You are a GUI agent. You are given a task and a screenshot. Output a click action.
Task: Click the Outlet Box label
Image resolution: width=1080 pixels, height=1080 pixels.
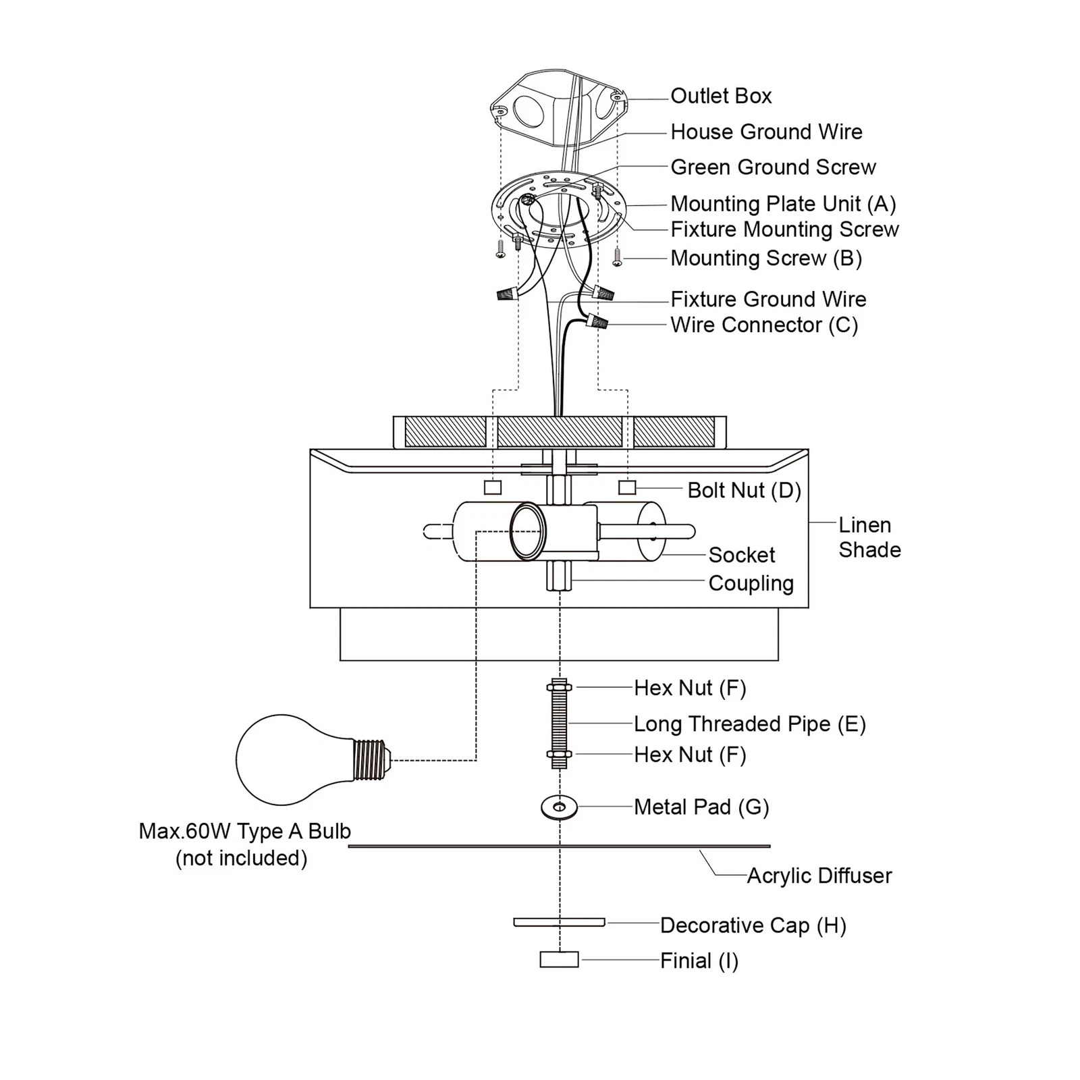(x=721, y=96)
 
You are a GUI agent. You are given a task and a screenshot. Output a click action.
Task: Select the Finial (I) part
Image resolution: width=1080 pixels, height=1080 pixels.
(x=559, y=959)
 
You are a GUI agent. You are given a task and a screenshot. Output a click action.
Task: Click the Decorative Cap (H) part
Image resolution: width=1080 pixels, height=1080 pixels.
(x=559, y=922)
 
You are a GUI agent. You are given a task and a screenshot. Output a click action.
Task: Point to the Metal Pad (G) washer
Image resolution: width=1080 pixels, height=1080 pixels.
(x=559, y=807)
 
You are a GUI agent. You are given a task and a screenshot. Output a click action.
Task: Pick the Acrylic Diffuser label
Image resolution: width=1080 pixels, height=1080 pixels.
(x=819, y=875)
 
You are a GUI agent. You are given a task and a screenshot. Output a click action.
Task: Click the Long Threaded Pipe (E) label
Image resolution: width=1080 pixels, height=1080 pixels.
(x=749, y=724)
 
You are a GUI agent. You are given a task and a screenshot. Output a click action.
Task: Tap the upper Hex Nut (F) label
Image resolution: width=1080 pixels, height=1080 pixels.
(x=690, y=688)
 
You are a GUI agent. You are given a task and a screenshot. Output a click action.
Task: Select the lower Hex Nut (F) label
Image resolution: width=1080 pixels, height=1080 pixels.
(x=690, y=754)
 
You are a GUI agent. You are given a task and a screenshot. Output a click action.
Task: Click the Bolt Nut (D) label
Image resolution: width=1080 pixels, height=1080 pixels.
(x=744, y=490)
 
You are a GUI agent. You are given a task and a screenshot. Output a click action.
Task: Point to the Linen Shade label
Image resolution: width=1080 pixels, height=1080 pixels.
(x=869, y=537)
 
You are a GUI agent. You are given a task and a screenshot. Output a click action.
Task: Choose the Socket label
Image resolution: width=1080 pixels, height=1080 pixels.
(x=741, y=555)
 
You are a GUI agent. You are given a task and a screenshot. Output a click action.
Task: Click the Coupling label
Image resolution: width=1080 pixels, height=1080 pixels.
(x=751, y=583)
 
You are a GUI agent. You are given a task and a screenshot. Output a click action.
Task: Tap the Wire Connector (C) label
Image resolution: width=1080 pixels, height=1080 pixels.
(x=764, y=325)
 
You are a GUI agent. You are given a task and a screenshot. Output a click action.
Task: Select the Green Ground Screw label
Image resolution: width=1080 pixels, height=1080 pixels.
(x=773, y=167)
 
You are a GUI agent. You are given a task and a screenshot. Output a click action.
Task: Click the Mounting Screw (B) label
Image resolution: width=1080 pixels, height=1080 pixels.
(x=766, y=258)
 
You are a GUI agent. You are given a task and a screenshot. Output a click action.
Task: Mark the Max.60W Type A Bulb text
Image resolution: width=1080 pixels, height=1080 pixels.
(x=244, y=831)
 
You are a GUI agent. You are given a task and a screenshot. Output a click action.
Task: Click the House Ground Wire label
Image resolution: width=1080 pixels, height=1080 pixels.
(x=766, y=132)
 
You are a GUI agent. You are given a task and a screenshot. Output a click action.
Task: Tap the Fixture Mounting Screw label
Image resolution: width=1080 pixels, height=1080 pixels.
(x=784, y=230)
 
